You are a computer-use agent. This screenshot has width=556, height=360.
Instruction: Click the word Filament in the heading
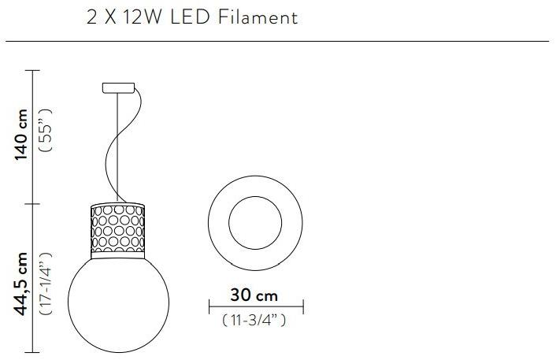pyautogui.click(x=258, y=17)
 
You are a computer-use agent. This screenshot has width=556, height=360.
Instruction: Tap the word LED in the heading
pyautogui.click(x=190, y=17)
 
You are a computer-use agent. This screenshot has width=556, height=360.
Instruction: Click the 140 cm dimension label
pyautogui.click(x=21, y=135)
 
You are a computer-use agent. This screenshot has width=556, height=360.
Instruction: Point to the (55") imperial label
pyautogui.click(x=46, y=130)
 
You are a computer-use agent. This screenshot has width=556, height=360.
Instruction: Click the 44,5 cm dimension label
pyautogui.click(x=20, y=284)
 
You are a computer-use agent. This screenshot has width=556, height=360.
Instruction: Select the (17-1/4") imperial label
pyautogui.click(x=46, y=284)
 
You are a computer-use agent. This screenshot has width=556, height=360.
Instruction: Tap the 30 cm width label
pyautogui.click(x=254, y=295)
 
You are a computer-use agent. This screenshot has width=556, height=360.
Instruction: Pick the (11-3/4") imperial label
pyautogui.click(x=254, y=320)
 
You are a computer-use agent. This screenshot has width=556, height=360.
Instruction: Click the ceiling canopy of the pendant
pyautogui.click(x=118, y=88)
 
